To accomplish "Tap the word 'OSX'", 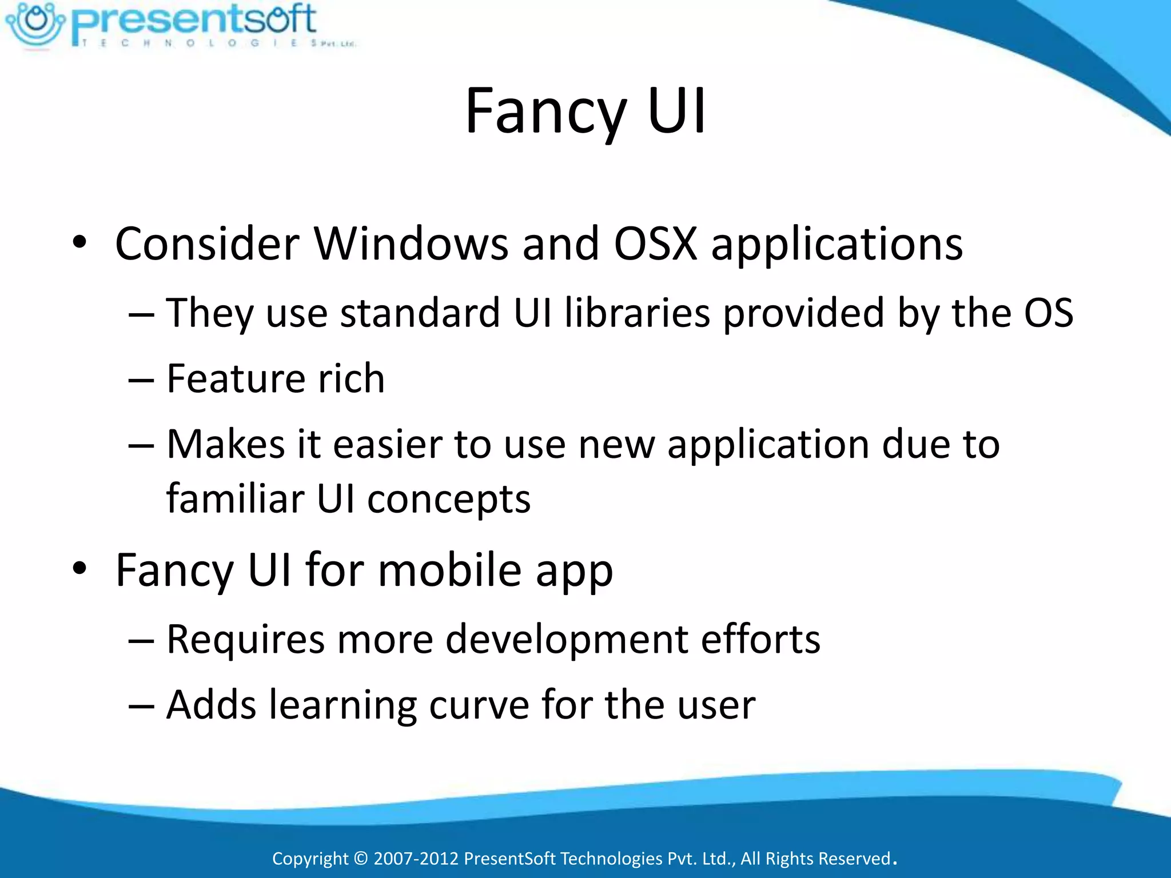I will pyautogui.click(x=655, y=245).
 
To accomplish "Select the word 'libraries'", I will pyautogui.click(x=638, y=313).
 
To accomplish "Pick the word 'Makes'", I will pyautogui.click(x=225, y=444).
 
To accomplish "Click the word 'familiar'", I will pyautogui.click(x=235, y=498).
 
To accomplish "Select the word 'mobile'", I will pyautogui.click(x=450, y=570).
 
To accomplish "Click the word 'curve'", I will pyautogui.click(x=479, y=705).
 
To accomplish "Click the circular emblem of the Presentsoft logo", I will pyautogui.click(x=35, y=23).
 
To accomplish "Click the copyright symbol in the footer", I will pyautogui.click(x=361, y=859).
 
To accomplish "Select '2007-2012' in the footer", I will pyautogui.click(x=416, y=859).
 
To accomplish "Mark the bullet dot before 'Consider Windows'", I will pyautogui.click(x=79, y=242).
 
